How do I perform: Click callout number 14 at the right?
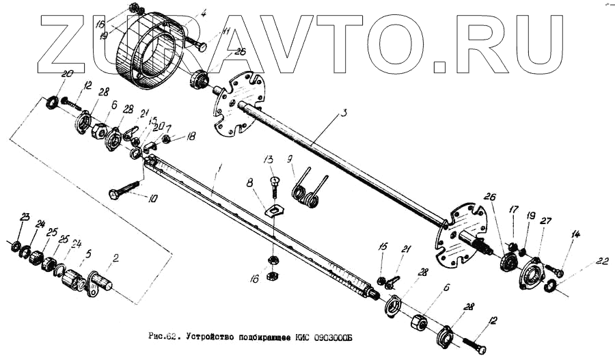[575, 234]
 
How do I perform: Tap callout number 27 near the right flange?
[545, 221]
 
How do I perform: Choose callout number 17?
[514, 210]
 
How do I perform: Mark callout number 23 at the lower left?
[25, 217]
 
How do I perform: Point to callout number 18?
[191, 137]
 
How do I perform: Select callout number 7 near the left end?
[169, 128]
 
